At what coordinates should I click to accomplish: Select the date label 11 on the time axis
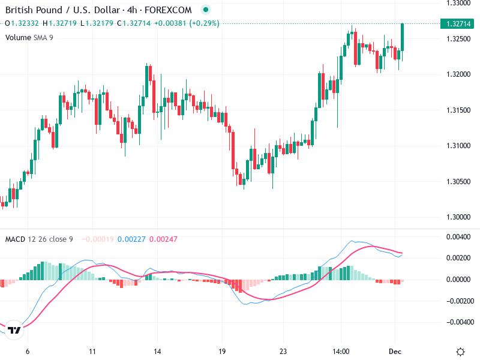click(x=92, y=352)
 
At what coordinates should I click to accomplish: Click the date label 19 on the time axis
click(x=221, y=352)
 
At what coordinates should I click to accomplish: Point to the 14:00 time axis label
click(x=341, y=352)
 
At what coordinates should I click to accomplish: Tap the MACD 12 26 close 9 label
click(x=39, y=239)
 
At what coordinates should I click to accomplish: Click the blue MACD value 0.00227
click(x=129, y=239)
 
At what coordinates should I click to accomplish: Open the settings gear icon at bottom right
click(x=461, y=352)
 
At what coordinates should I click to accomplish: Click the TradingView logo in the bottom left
click(x=14, y=331)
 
